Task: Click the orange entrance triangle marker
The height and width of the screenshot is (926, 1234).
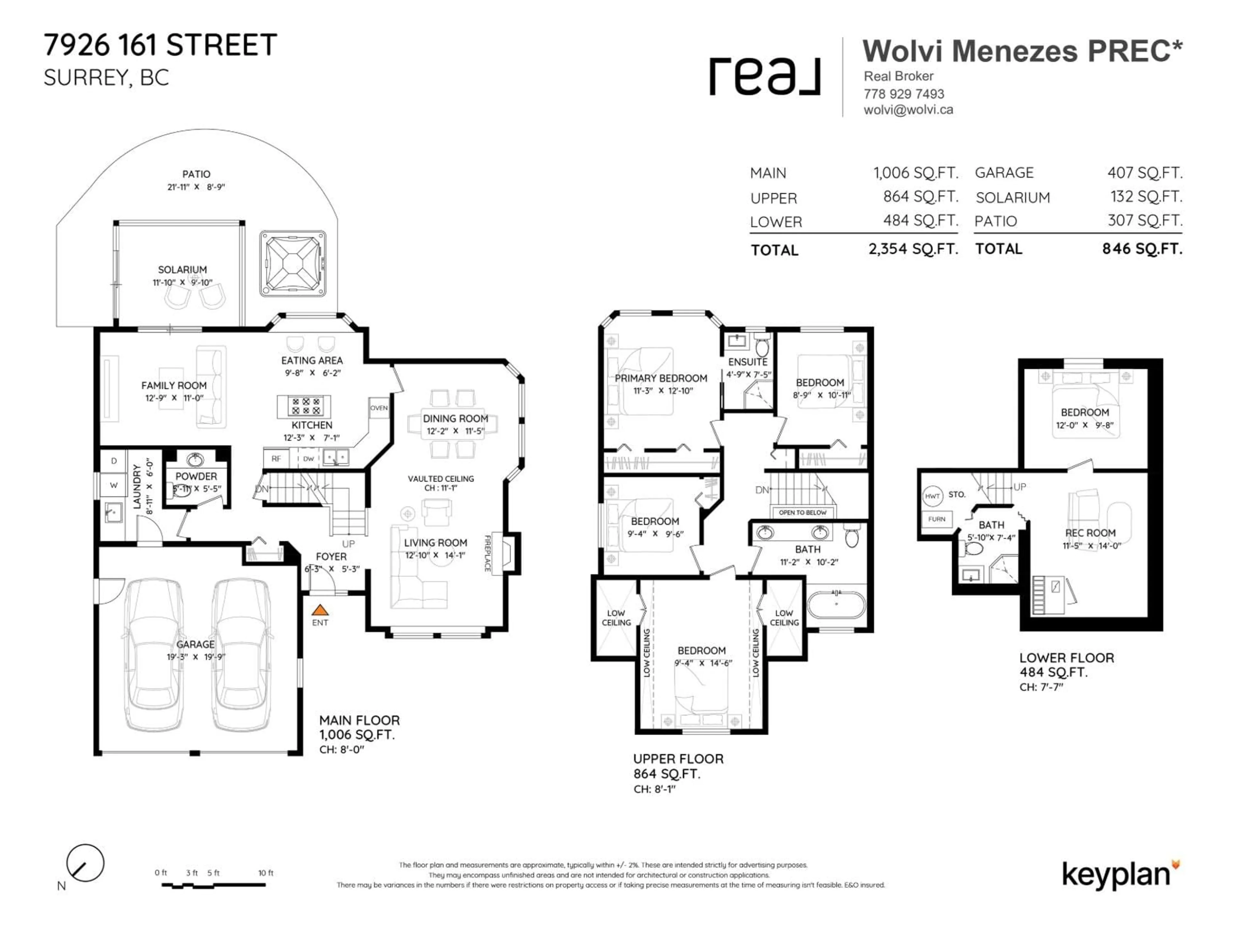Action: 320,610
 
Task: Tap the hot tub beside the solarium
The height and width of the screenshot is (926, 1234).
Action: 292,263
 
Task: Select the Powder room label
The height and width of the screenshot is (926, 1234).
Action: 196,476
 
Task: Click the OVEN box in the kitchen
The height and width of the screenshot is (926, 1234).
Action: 379,408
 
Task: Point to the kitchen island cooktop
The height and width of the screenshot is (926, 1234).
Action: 304,406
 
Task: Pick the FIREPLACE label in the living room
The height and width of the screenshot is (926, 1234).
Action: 487,553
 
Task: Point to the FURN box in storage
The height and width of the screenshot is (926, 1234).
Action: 937,519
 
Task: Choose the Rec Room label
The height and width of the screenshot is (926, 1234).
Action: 1090,533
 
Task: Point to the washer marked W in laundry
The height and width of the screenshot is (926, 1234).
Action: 114,485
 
